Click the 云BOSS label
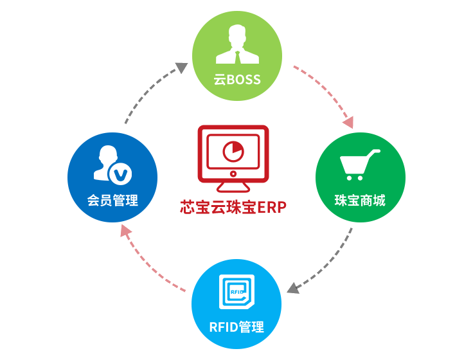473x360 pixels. click(236, 80)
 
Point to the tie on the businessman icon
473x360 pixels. click(236, 56)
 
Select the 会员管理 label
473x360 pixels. click(112, 200)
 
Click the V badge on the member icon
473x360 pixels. click(120, 174)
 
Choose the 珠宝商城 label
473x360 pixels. click(360, 200)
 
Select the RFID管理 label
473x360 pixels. click(236, 327)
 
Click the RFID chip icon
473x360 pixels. click(236, 292)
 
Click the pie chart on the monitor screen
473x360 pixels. click(233, 152)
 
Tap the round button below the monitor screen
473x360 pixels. click(233, 174)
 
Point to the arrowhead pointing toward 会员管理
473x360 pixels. click(124, 229)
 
